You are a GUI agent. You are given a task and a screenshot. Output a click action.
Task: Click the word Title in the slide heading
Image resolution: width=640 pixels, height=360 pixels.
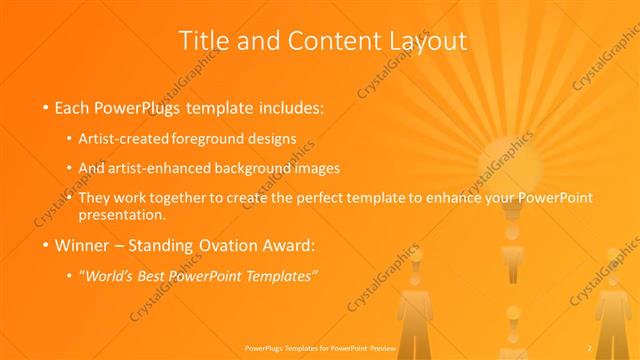pyautogui.click(x=203, y=41)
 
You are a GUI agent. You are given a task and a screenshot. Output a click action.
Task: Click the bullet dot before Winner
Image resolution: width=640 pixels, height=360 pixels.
pyautogui.click(x=46, y=244)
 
